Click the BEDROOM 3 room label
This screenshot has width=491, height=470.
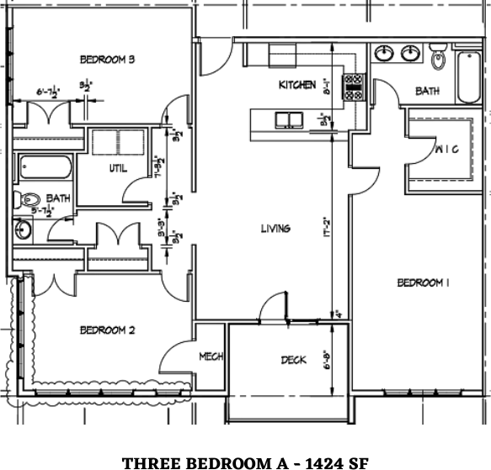[108, 59]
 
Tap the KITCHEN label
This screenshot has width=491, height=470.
[297, 85]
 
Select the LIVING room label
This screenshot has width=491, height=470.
[275, 229]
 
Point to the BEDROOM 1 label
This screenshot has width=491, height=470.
[423, 283]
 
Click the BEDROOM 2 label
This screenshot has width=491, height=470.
[107, 330]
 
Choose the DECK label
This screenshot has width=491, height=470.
[293, 361]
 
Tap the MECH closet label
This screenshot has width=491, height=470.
[211, 357]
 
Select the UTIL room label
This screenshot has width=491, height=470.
[118, 168]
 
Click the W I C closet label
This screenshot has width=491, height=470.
[446, 151]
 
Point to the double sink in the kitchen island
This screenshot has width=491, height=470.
[291, 120]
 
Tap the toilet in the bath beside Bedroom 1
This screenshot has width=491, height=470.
[438, 58]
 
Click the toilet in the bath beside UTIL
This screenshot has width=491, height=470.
[30, 200]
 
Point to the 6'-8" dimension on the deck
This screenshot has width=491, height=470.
[326, 362]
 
